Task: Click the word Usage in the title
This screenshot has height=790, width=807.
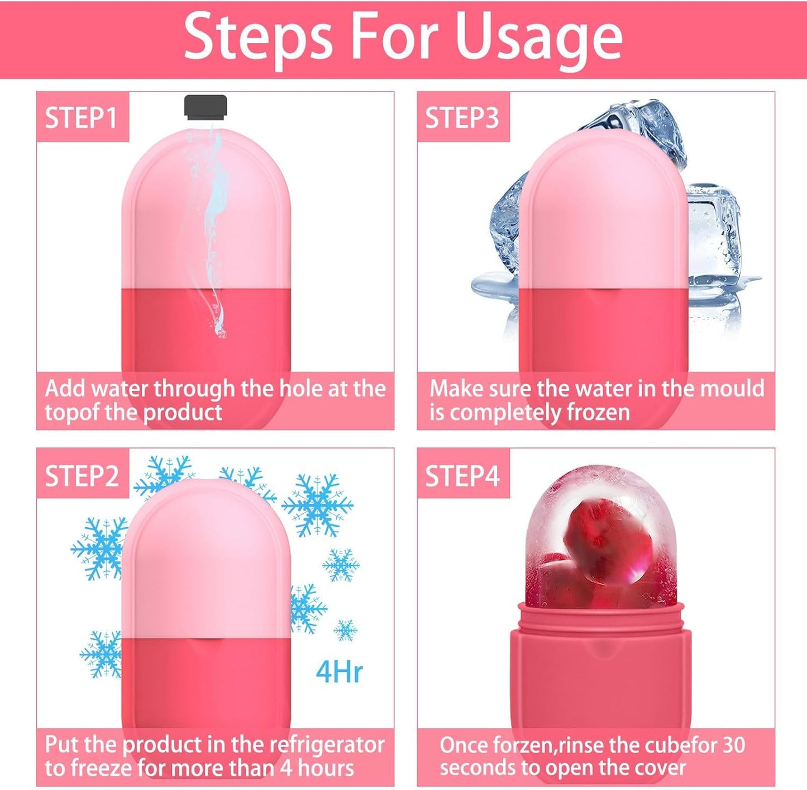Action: pos(538,38)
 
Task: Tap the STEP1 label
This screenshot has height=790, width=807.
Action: pos(81,118)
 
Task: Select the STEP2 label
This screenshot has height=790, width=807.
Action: pos(82,476)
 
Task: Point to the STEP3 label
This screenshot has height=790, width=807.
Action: pos(462,118)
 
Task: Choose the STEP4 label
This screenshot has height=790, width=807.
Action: pos(462,476)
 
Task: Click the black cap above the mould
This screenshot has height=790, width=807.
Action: pos(206,107)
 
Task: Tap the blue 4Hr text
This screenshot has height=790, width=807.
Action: pos(339,671)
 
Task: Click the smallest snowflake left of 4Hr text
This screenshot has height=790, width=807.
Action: pos(345,630)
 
